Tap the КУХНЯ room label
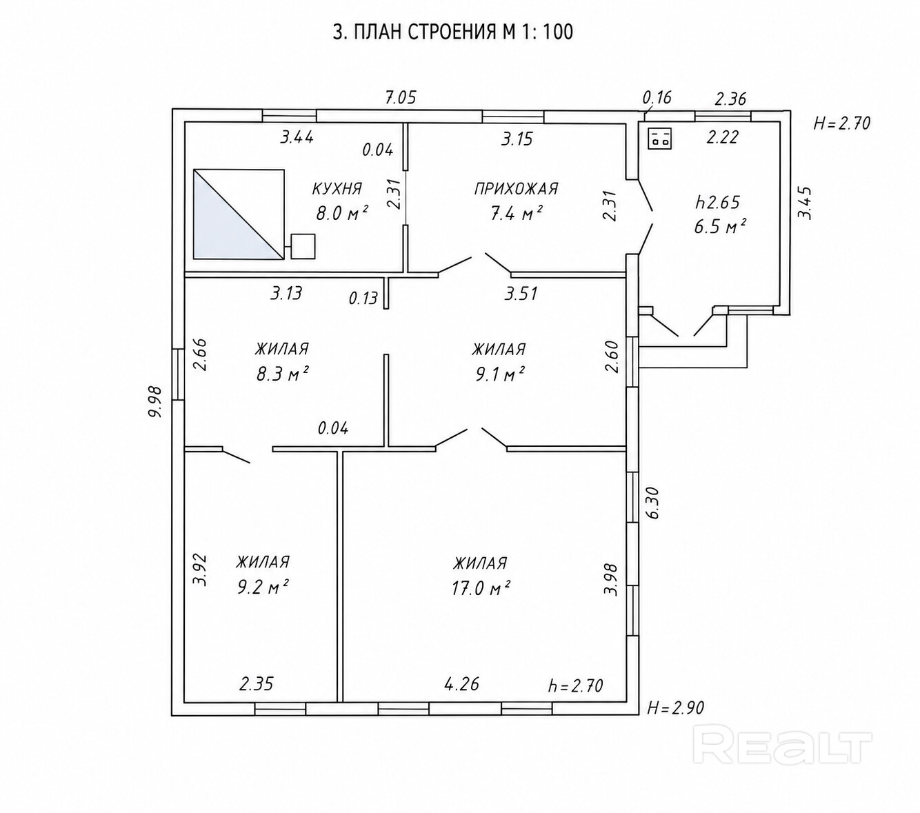337,188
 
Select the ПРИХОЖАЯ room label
516,188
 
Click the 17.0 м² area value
481,589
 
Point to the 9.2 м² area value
263,588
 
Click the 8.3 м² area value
283,374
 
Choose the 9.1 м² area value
500,374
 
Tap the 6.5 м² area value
721,226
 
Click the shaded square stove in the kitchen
239,214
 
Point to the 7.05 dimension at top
401,98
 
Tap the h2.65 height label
718,202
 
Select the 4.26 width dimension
461,683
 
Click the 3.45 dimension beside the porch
805,203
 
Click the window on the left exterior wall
178,374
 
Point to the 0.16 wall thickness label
657,98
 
